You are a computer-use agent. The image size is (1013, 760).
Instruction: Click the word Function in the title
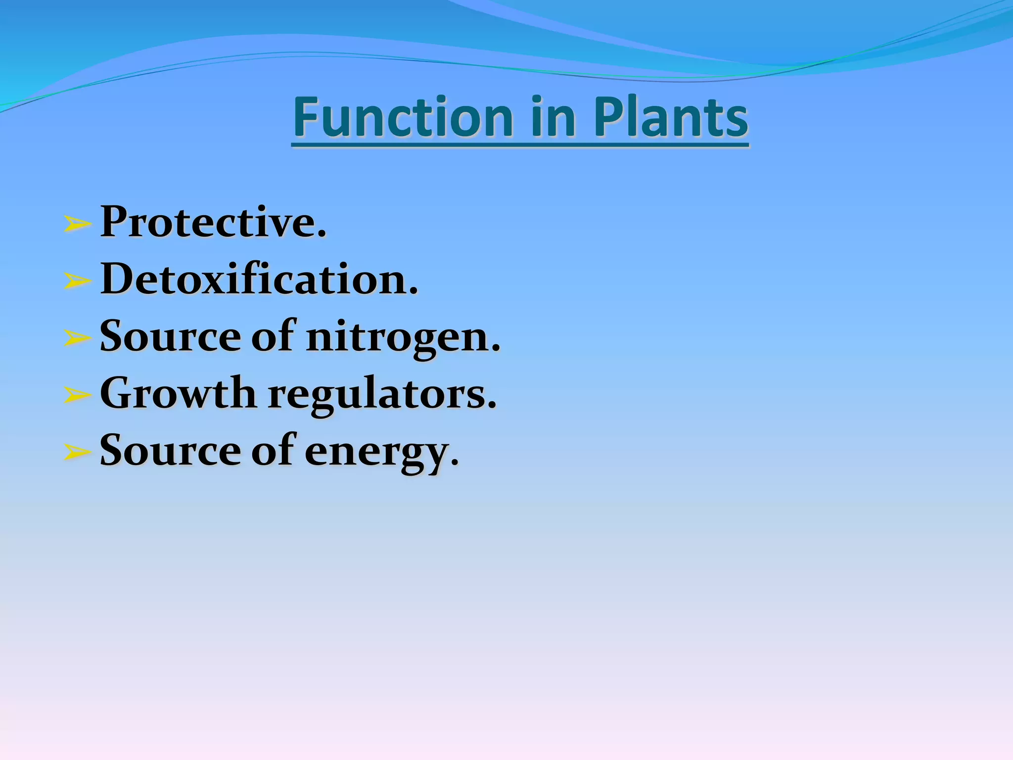click(403, 117)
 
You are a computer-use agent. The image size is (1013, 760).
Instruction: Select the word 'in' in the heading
click(553, 117)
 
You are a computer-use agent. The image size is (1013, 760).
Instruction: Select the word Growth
click(178, 394)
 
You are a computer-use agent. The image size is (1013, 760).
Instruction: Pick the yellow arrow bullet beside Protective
click(78, 225)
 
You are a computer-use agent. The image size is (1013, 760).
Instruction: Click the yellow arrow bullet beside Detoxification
click(78, 282)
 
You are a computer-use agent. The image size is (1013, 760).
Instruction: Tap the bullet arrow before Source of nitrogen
click(78, 338)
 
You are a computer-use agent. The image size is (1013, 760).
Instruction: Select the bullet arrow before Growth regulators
click(78, 395)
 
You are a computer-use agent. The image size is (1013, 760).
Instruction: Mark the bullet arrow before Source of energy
click(78, 452)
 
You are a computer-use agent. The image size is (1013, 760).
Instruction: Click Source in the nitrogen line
click(170, 337)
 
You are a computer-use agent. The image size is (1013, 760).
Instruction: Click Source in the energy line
click(170, 451)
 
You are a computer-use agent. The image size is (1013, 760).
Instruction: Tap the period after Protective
click(322, 235)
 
